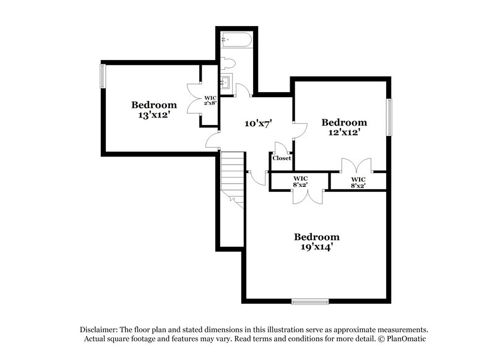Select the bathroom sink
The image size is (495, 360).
pos(226,82)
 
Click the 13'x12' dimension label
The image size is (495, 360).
pos(153,114)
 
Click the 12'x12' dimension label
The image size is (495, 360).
pos(344,132)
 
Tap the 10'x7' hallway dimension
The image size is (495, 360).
pos(259,124)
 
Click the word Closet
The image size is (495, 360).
pos(282,158)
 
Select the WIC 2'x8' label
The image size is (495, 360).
pos(210,100)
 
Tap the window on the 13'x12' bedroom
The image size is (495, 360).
pos(103,76)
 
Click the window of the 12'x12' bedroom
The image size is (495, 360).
pos(390,117)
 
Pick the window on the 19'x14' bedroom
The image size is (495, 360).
pos(310,302)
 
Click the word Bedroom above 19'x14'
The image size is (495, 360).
pos(316,236)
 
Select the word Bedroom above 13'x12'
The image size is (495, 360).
pos(153,105)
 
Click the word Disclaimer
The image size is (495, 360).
pos(99,330)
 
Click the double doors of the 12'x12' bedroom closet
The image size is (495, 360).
pos(357,166)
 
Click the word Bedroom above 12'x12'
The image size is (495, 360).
pos(344,122)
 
